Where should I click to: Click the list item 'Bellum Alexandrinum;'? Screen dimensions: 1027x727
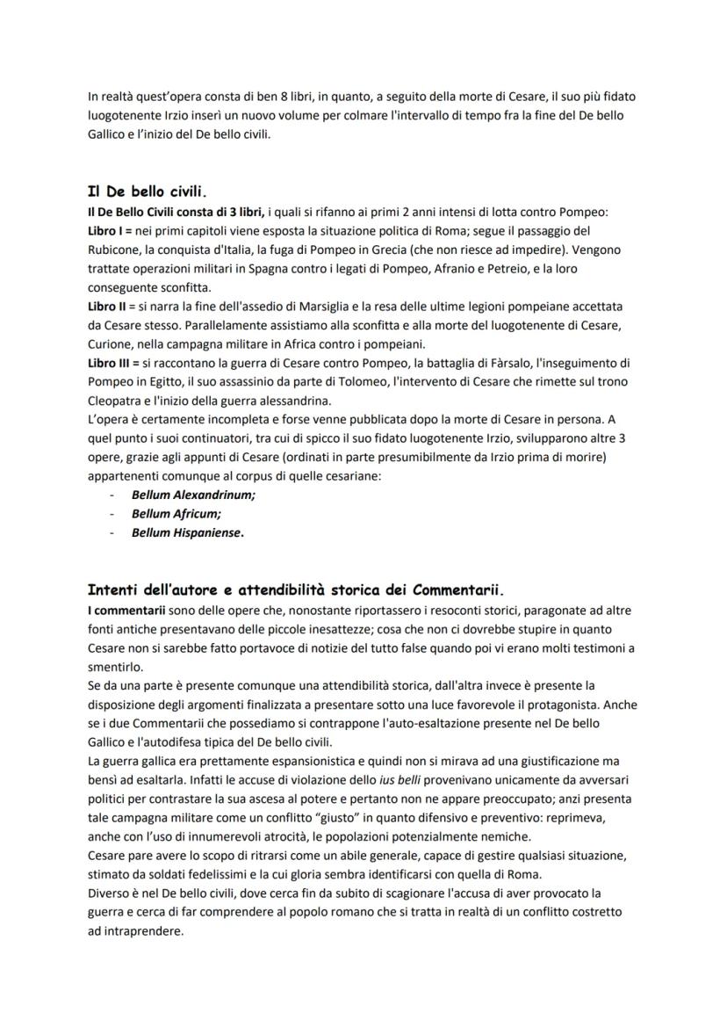point(193,495)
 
